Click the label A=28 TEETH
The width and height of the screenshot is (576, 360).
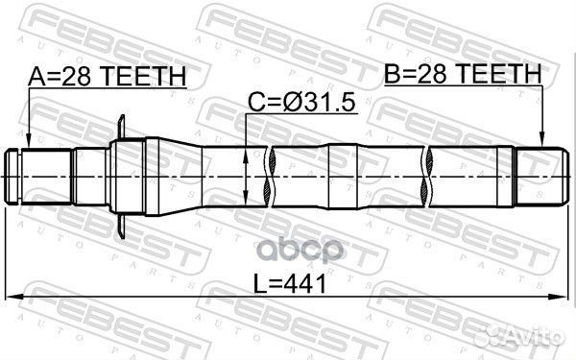pos(108,77)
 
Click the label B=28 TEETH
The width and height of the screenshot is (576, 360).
pos(463,74)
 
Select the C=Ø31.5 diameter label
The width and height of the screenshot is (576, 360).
pos(302,103)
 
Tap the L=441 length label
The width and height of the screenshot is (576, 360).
pos(290,284)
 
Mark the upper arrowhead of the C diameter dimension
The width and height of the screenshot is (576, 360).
pos(246,155)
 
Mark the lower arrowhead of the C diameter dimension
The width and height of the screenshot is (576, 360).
pos(246,199)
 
